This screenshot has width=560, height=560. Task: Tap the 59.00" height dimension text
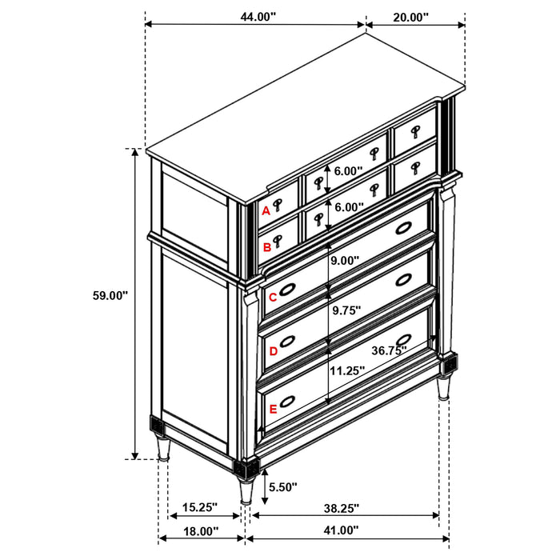pyautogui.click(x=110, y=295)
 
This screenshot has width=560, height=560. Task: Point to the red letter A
pyautogui.click(x=266, y=211)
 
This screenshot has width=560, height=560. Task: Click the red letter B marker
pyautogui.click(x=267, y=248)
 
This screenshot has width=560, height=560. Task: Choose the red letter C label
pyautogui.click(x=272, y=298)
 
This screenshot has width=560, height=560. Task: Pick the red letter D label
pyautogui.click(x=273, y=350)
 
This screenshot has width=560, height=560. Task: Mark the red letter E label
pyautogui.click(x=273, y=410)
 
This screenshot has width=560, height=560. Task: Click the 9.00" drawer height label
pyautogui.click(x=345, y=260)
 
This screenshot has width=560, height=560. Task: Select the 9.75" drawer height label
pyautogui.click(x=346, y=310)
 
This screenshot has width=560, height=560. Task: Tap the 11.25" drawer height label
pyautogui.click(x=347, y=370)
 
